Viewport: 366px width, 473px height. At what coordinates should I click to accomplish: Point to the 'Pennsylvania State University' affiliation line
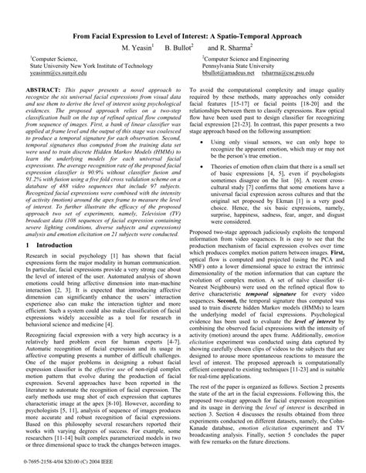point(242,68)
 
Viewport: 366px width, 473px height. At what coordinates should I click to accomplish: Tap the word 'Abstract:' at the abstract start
point(46,90)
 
